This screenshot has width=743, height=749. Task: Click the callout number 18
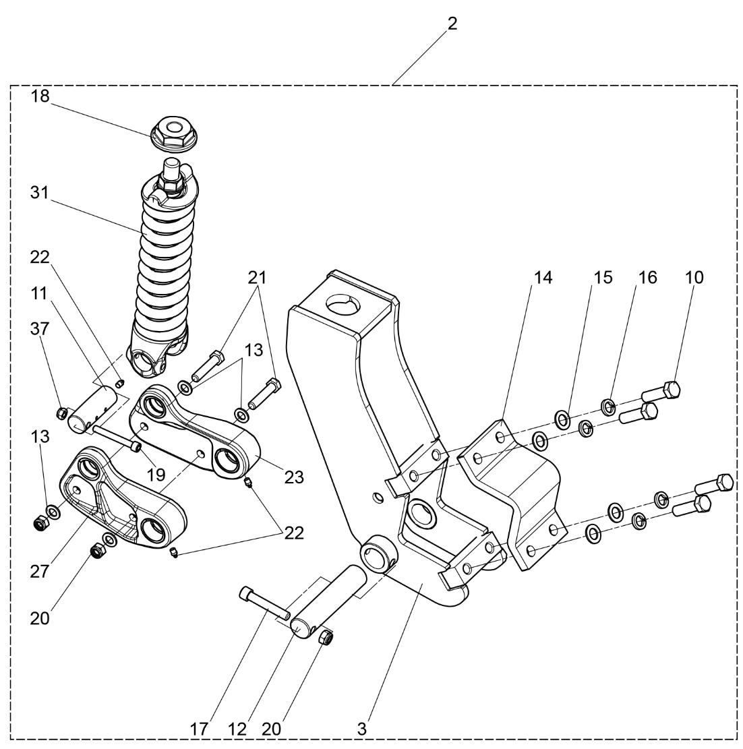[x=40, y=96]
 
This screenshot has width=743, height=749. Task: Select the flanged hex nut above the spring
[x=173, y=129]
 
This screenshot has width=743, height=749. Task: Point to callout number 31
[x=40, y=192]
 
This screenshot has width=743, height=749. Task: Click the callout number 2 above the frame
[x=452, y=24]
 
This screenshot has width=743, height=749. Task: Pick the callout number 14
[x=543, y=277]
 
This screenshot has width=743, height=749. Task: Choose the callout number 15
[x=603, y=277]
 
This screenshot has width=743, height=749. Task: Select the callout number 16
[x=647, y=277]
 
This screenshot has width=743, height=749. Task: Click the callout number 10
[x=694, y=277]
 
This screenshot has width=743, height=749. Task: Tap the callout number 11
[x=40, y=293]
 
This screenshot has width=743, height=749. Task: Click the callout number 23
[x=294, y=477]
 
